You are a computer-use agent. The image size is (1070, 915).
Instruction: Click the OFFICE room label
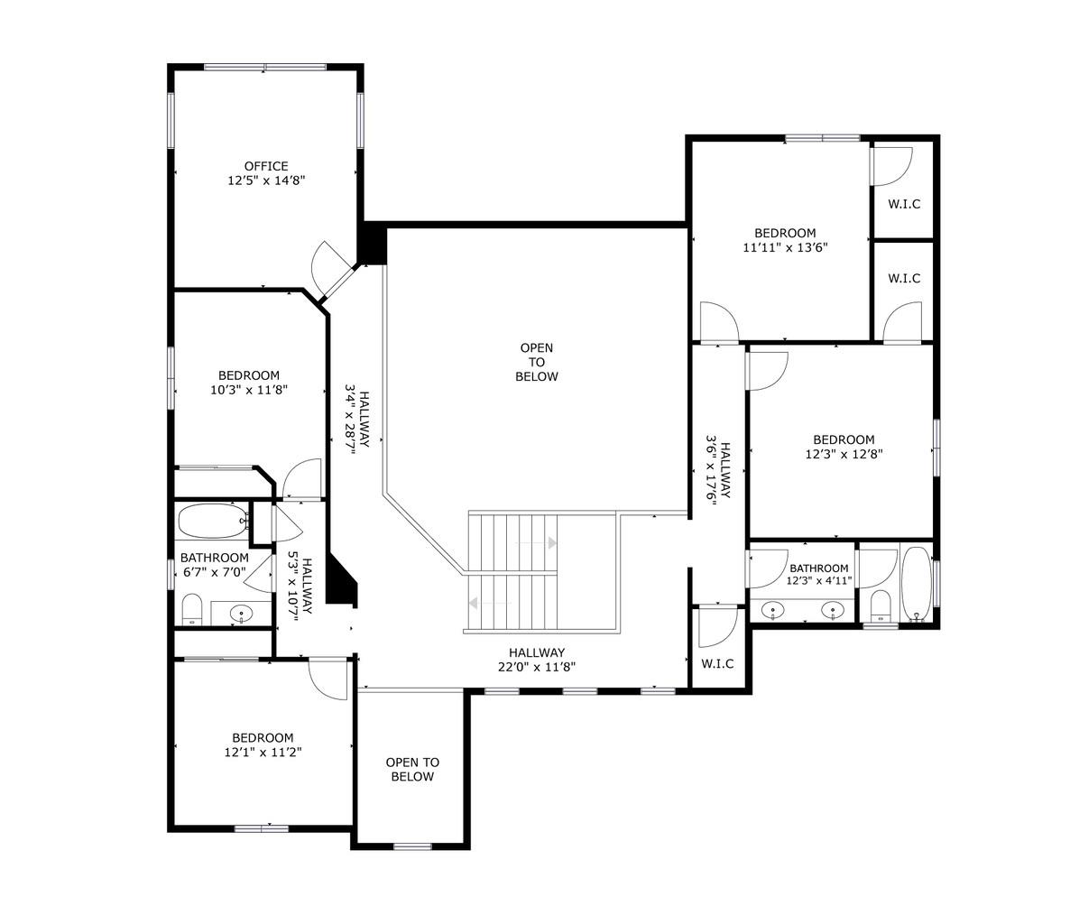point(266,166)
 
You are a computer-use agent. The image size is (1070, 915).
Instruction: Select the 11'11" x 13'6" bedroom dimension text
point(785,247)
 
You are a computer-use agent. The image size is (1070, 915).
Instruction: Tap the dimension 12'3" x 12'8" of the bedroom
point(844,455)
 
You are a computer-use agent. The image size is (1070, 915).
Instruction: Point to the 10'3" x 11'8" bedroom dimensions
point(248,391)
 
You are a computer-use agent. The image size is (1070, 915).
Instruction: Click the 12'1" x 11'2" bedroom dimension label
point(262,753)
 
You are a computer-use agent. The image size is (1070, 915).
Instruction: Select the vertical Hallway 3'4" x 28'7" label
point(358,421)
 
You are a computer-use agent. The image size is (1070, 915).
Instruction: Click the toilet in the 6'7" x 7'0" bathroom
point(192,610)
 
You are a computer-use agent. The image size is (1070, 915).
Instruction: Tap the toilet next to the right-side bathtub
point(881,606)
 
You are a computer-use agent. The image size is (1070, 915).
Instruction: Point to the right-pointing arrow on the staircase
point(551,542)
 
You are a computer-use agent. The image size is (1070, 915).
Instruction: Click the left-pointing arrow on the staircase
point(473,604)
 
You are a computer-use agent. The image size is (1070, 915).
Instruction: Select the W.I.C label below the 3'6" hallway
point(717,664)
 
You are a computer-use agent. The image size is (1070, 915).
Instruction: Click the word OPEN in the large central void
point(537,347)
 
